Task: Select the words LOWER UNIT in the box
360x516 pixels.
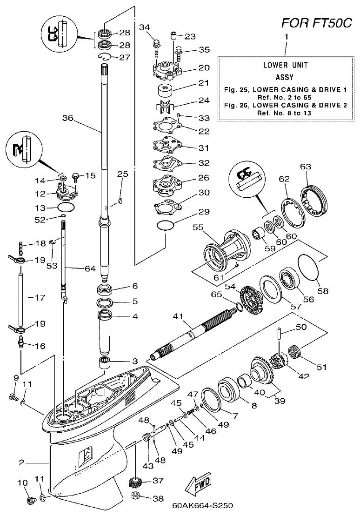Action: click(285, 66)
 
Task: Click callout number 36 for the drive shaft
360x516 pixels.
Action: click(68, 118)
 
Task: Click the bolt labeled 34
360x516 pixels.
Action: click(156, 47)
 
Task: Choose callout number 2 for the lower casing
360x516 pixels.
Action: click(21, 463)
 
